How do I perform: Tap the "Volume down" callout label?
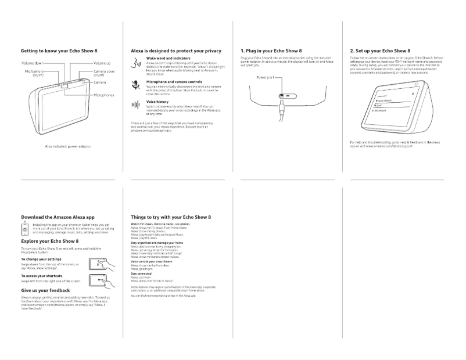(x=32, y=62)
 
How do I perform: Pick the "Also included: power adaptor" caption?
(x=67, y=146)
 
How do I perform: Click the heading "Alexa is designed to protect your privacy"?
(x=175, y=51)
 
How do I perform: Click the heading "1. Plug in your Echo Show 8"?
(x=271, y=51)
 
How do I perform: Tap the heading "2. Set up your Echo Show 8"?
(x=380, y=51)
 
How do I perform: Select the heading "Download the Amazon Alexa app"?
(x=58, y=217)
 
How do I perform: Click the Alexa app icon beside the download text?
(x=25, y=228)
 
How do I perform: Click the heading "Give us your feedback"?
(x=45, y=290)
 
